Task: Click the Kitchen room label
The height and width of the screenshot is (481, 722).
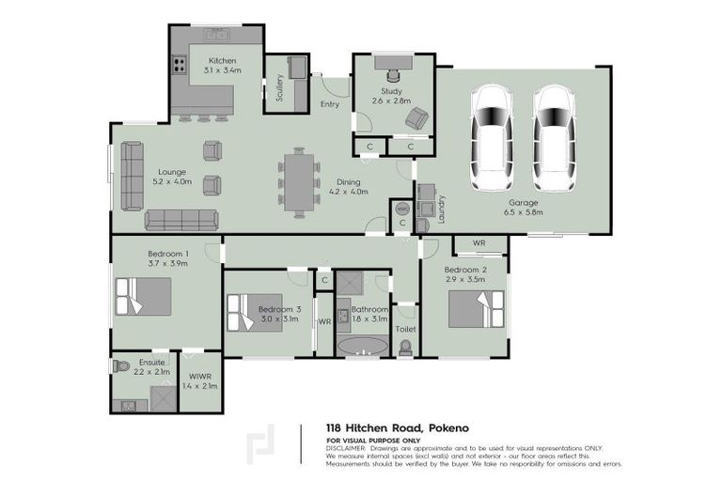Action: pyautogui.click(x=222, y=60)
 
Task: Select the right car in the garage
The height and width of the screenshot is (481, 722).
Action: pyautogui.click(x=554, y=138)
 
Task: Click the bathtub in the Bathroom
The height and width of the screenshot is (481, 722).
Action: pyautogui.click(x=363, y=347)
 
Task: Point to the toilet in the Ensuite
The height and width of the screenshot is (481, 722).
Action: pyautogui.click(x=120, y=365)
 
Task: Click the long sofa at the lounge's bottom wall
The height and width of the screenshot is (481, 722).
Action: pyautogui.click(x=181, y=220)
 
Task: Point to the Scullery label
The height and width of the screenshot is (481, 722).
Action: pyautogui.click(x=279, y=87)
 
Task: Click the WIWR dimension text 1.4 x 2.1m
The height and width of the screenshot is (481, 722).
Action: pyautogui.click(x=199, y=385)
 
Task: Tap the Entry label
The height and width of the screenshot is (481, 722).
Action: pyautogui.click(x=330, y=104)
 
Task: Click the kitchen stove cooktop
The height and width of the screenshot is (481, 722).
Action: pyautogui.click(x=178, y=66)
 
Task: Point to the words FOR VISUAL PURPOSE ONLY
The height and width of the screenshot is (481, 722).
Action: pyautogui.click(x=372, y=440)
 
